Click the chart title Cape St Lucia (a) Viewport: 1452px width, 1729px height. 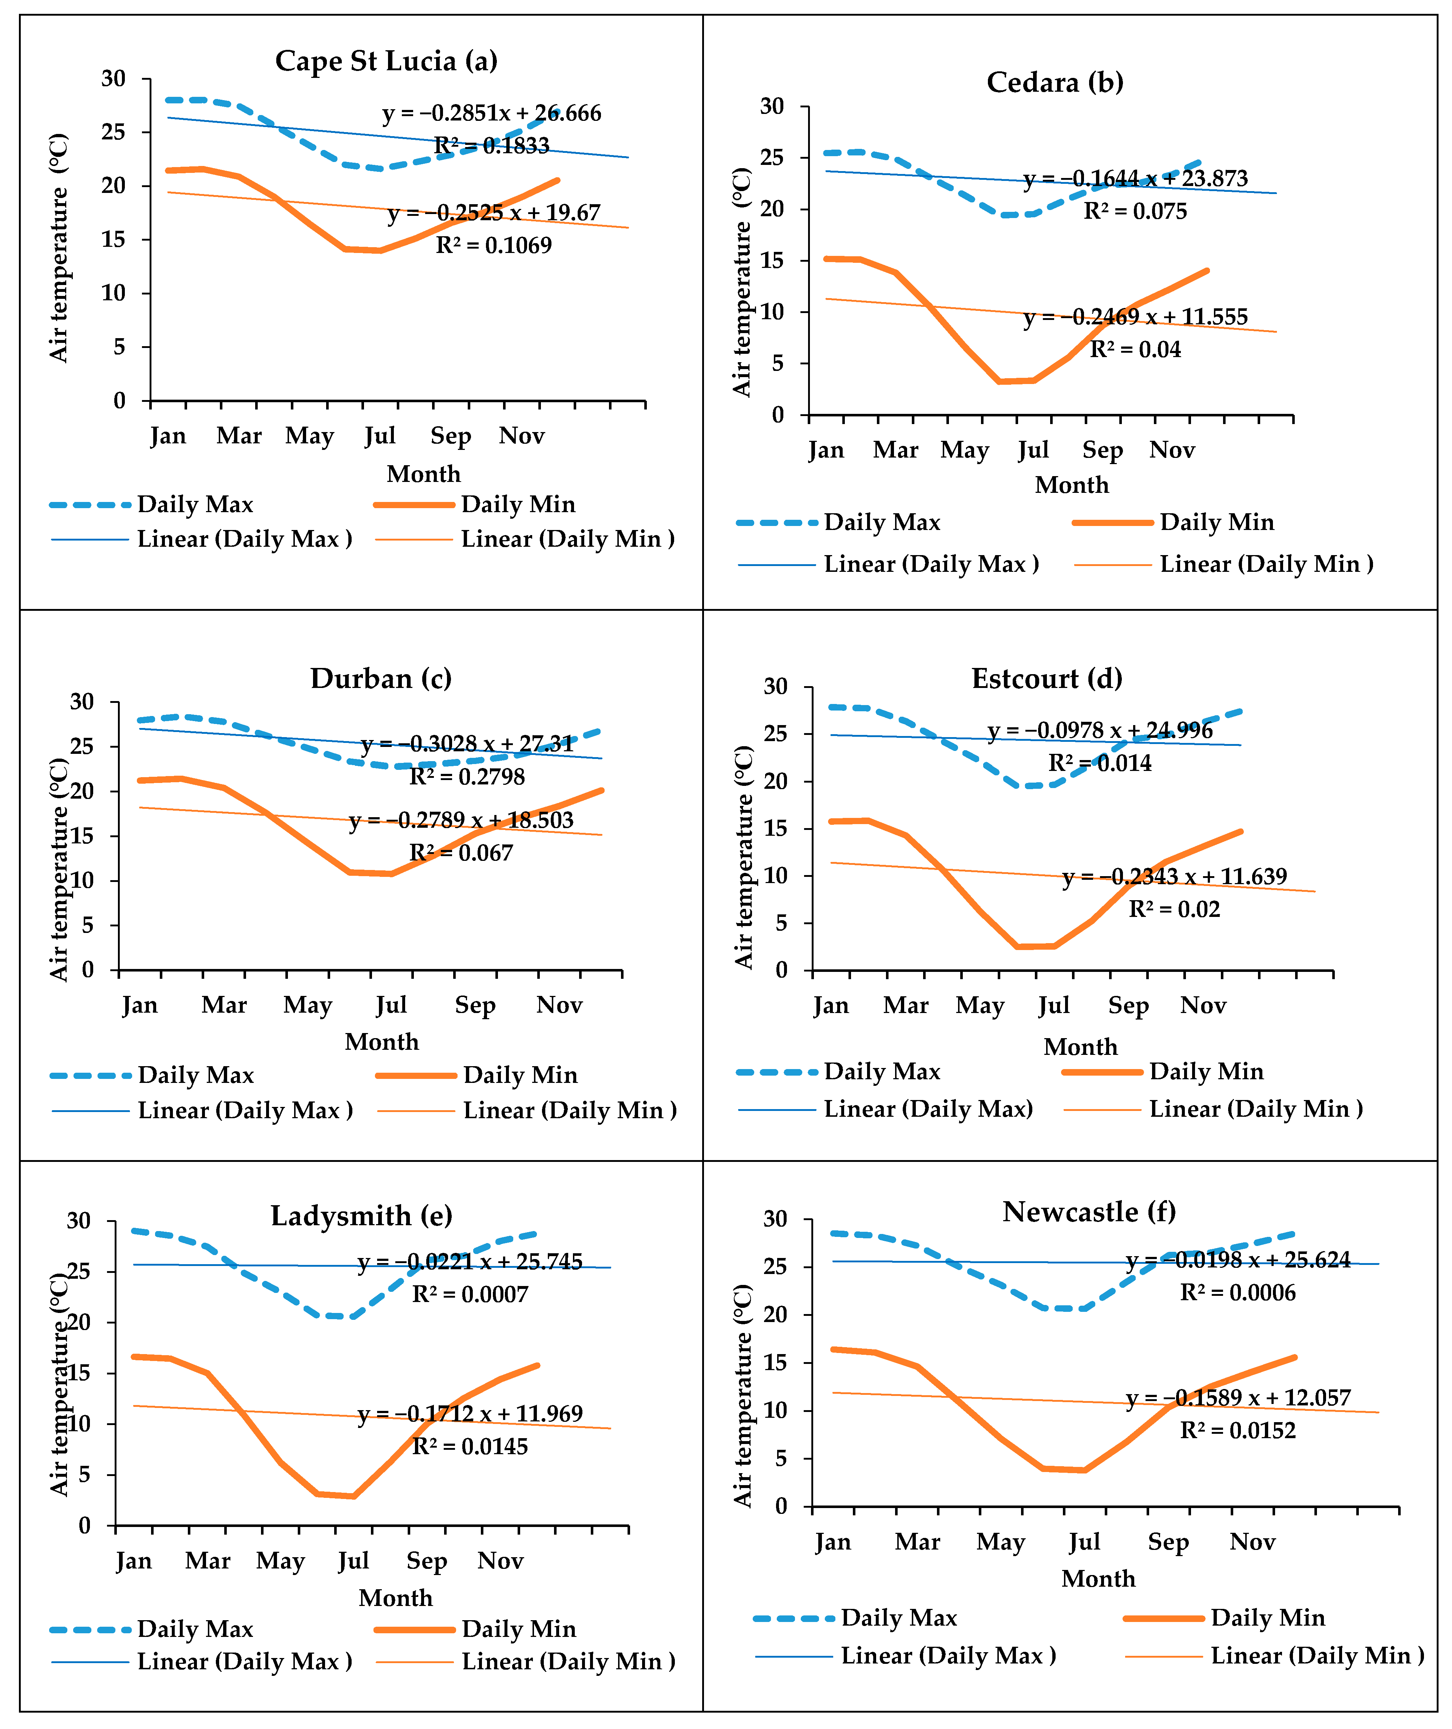[386, 61]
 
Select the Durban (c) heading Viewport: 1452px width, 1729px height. [381, 678]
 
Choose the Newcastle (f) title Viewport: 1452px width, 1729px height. [1089, 1212]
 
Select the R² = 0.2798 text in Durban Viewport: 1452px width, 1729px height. [467, 776]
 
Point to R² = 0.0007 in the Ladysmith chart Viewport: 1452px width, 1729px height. [470, 1294]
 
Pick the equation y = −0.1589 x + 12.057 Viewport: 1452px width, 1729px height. [1238, 1398]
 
